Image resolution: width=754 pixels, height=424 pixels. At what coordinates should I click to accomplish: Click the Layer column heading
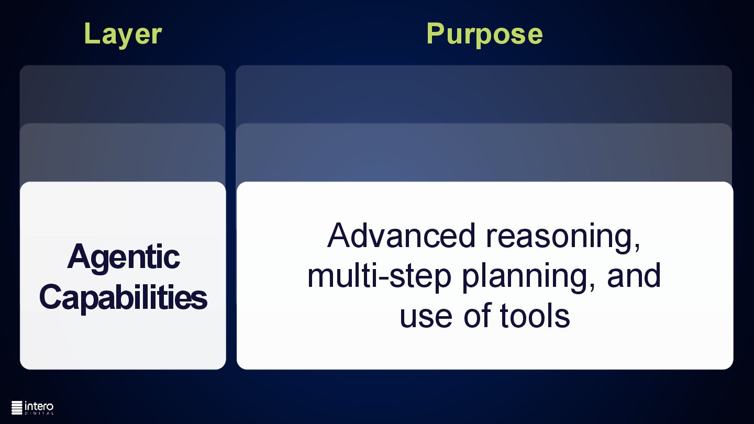[x=123, y=35]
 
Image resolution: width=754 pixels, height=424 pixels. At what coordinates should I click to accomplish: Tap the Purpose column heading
[x=484, y=35]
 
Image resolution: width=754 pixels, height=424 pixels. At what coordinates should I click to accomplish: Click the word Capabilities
[x=123, y=297]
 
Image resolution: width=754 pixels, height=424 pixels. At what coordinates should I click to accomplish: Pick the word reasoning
[x=559, y=238]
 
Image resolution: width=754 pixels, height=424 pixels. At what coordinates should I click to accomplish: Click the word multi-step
[x=379, y=276]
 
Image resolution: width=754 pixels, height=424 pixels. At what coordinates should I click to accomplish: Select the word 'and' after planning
[x=634, y=275]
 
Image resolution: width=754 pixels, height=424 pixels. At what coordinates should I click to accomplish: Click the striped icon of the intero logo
[x=17, y=408]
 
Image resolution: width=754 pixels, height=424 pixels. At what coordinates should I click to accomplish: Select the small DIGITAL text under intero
[x=39, y=414]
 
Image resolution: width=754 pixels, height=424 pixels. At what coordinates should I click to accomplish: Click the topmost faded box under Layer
[x=123, y=94]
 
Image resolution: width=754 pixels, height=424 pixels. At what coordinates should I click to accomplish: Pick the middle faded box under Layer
[x=123, y=152]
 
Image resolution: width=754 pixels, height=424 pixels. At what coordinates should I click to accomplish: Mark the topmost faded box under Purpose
[x=484, y=94]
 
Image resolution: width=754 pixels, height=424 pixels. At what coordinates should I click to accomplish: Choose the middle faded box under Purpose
[x=484, y=152]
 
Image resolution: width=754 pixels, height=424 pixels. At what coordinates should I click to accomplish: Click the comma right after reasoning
[x=637, y=247]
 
